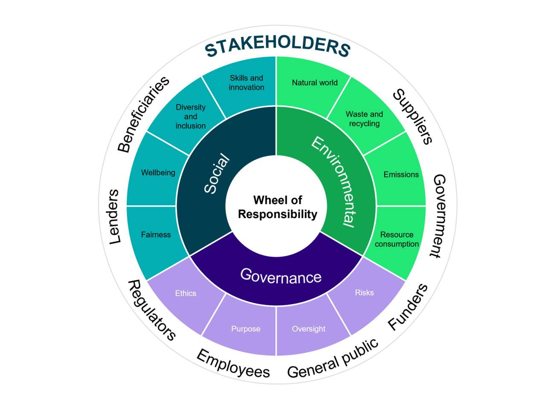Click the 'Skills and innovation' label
pos(246,82)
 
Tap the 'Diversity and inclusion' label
pos(190,116)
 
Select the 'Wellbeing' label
pos(158,172)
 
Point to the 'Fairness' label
pos(156,234)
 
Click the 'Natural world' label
pos(315,82)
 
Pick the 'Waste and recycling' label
pos(364,119)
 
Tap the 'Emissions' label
pos(401,174)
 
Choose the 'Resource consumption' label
pos(397,239)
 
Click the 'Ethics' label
pos(186,293)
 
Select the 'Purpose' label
pos(245,329)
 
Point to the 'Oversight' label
pos(308,329)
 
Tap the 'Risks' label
pos(364,292)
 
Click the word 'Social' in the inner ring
pos(217,174)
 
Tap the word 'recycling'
pos(364,124)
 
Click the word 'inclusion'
pos(190,126)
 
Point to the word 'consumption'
pos(397,244)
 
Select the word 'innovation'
pos(246,88)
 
